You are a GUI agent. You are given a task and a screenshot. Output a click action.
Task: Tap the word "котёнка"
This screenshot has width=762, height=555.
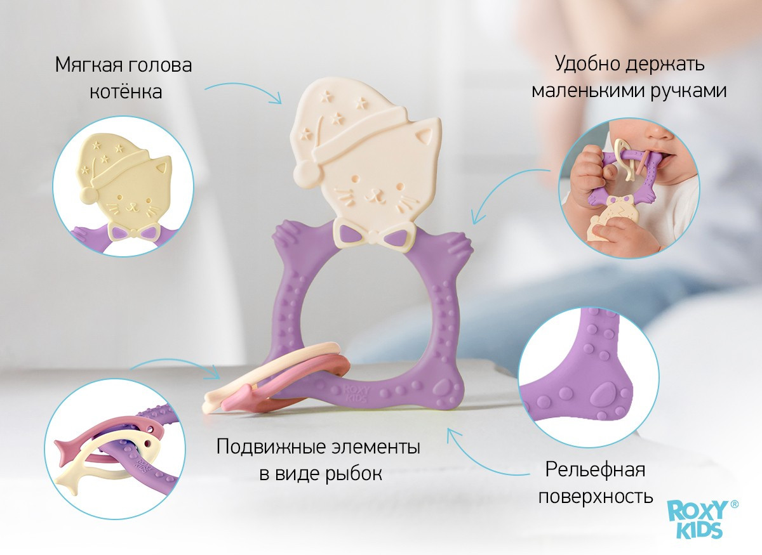click(x=126, y=92)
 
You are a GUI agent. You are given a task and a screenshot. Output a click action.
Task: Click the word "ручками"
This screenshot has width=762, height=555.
click(x=689, y=92)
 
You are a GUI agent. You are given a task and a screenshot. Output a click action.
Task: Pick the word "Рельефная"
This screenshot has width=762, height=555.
click(x=596, y=470)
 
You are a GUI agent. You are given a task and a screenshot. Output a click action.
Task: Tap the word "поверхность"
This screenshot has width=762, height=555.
click(x=596, y=497)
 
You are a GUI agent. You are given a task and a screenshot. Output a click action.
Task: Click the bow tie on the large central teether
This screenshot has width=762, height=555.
click(x=374, y=235)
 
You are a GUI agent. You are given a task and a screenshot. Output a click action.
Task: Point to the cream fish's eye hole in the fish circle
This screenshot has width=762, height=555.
click(x=147, y=444)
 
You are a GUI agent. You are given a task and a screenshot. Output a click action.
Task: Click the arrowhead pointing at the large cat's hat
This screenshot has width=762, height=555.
click(x=277, y=98)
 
